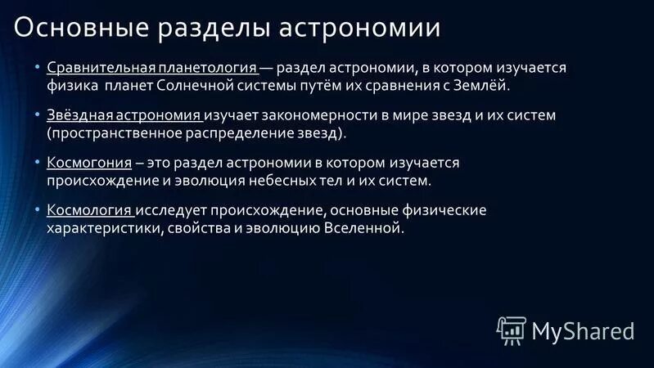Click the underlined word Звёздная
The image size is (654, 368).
click(79, 115)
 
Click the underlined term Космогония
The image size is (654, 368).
click(89, 163)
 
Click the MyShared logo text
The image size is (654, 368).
click(583, 330)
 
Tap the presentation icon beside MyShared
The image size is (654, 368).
click(510, 329)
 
